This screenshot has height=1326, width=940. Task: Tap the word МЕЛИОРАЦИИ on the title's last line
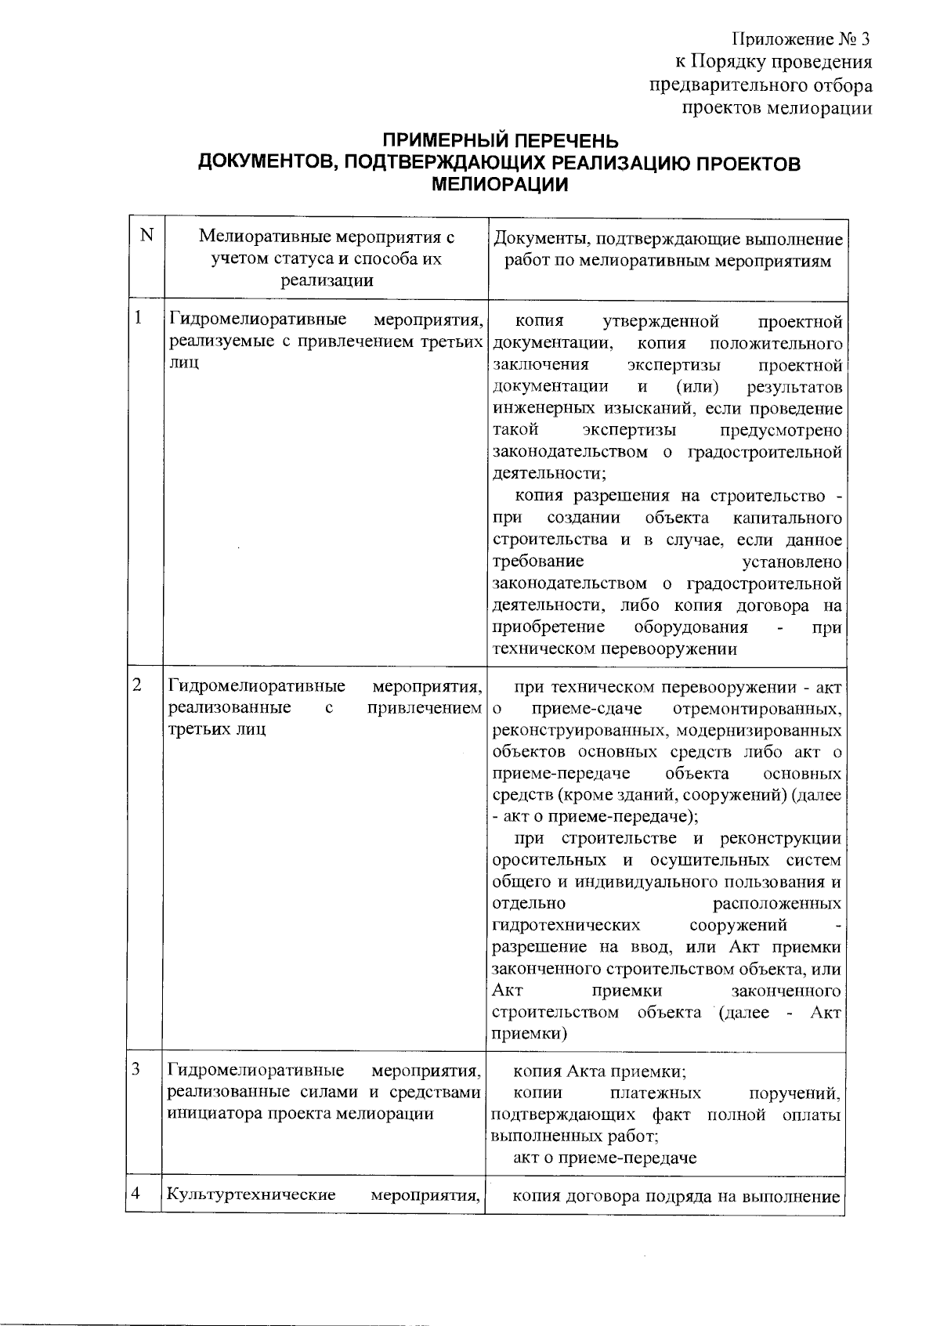(500, 186)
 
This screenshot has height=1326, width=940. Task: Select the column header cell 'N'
(146, 234)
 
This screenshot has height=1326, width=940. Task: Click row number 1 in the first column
(139, 317)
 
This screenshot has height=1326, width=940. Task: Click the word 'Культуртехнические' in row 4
(251, 1195)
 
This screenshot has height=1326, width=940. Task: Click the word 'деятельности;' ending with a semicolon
(549, 474)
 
